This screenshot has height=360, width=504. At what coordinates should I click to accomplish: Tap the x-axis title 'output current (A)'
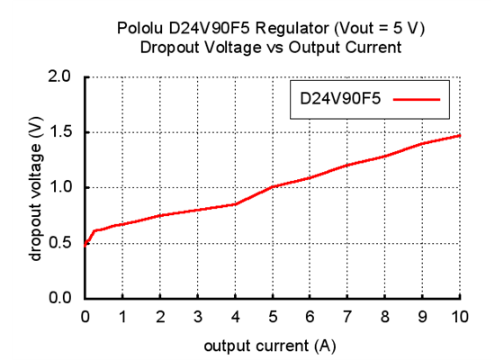tap(271, 345)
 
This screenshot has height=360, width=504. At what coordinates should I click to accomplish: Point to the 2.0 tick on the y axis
tap(59, 76)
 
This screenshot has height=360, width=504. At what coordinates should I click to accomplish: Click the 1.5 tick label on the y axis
tap(59, 132)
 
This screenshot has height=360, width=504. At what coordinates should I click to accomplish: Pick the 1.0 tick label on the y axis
tap(59, 187)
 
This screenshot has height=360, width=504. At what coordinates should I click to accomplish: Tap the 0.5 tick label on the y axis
tap(59, 243)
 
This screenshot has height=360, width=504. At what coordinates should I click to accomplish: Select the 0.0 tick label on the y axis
tap(59, 298)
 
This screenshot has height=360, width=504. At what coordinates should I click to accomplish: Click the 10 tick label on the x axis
tap(459, 316)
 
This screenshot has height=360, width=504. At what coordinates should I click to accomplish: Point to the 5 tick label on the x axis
tap(272, 316)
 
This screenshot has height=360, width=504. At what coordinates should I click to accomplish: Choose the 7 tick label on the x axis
tap(347, 316)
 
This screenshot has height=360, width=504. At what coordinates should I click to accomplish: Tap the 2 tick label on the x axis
tap(160, 316)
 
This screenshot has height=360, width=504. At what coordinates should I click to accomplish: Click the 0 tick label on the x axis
tap(85, 316)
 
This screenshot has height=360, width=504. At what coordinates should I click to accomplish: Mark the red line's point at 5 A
tap(272, 186)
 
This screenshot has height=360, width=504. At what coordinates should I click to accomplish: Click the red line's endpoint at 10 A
tap(459, 135)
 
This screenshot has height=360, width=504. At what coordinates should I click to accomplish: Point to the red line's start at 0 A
tap(85, 244)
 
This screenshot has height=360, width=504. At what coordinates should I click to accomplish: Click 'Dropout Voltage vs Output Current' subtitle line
tap(271, 48)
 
